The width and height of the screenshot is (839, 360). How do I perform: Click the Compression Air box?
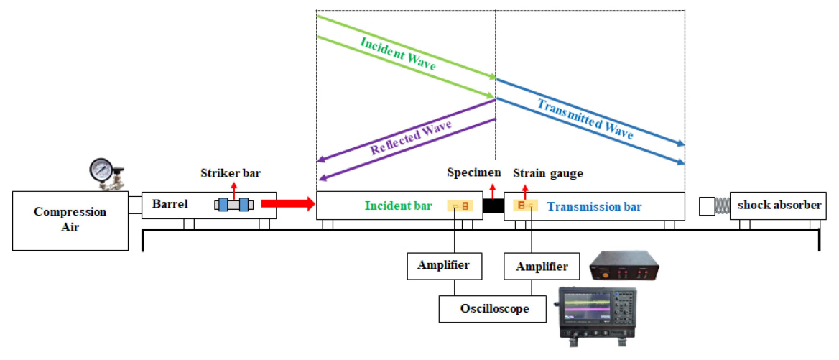point(70,220)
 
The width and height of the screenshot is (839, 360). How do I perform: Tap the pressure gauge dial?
point(102,171)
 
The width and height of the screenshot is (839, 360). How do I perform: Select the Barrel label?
point(169,204)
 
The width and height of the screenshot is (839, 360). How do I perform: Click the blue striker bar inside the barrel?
point(233,205)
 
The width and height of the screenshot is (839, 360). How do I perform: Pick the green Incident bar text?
point(398,206)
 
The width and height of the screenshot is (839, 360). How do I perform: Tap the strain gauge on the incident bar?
point(460,206)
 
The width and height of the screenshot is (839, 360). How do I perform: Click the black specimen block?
point(493,206)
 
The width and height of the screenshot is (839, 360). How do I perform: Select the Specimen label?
point(474,172)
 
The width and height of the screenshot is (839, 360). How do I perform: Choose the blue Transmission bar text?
point(594,207)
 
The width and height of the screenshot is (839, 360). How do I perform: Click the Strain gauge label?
point(548,173)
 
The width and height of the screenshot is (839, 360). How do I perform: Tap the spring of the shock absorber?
point(722,206)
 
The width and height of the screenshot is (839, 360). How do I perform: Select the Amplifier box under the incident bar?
point(443,265)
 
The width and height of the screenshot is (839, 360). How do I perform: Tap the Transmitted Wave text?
point(585,119)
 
